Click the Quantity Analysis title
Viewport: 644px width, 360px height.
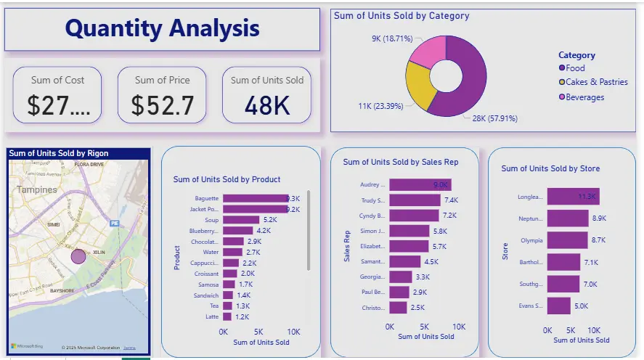pyautogui.click(x=162, y=28)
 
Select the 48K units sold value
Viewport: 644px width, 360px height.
pyautogui.click(x=267, y=106)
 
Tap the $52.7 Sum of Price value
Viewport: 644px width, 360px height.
pyautogui.click(x=163, y=106)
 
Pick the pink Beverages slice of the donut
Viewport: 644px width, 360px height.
pyautogui.click(x=428, y=51)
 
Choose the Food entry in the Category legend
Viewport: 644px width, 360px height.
pyautogui.click(x=574, y=68)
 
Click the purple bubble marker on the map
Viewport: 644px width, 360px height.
pyautogui.click(x=78, y=256)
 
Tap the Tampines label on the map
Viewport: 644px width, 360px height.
pyautogui.click(x=37, y=189)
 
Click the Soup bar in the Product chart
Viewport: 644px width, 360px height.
pyautogui.click(x=241, y=219)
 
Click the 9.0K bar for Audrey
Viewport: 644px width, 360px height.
pyautogui.click(x=420, y=185)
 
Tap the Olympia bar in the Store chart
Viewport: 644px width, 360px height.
pyautogui.click(x=568, y=240)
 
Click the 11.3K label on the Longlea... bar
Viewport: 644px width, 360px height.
pyautogui.click(x=587, y=197)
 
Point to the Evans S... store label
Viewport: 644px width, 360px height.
pyautogui.click(x=529, y=306)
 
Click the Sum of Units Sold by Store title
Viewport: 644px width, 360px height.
pyautogui.click(x=550, y=168)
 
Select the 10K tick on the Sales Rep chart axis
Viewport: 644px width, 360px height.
pyautogui.click(x=459, y=327)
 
